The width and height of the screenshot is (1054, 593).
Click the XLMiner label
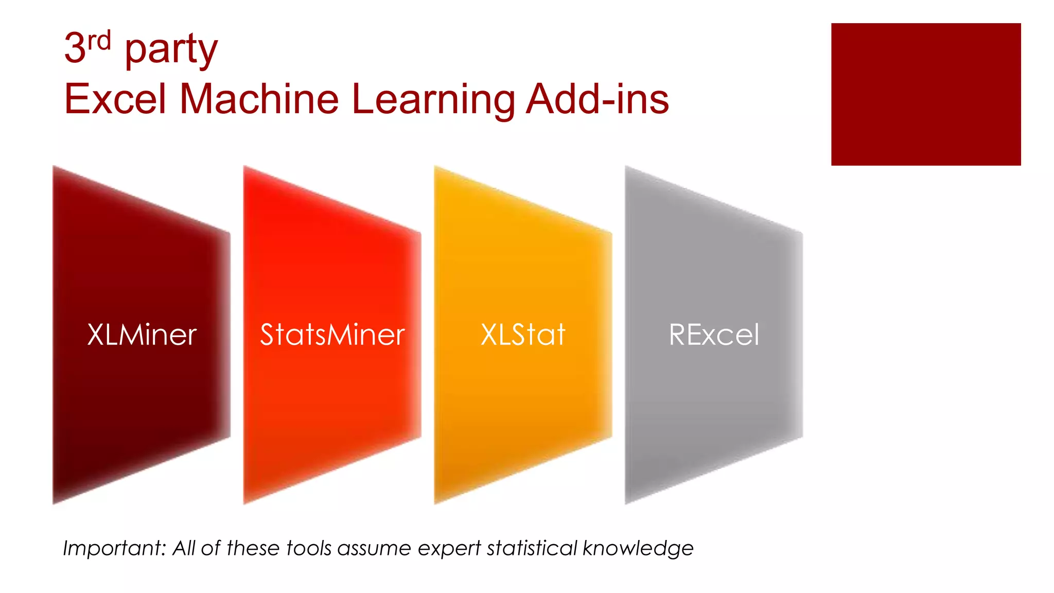[142, 335]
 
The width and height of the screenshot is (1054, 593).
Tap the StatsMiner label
[332, 335]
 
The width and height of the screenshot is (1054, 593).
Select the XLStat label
[523, 335]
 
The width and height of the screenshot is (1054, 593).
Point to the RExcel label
[714, 335]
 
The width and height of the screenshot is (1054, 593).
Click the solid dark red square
[925, 94]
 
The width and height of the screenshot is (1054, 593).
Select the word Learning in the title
[433, 100]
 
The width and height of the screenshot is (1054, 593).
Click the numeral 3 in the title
[74, 48]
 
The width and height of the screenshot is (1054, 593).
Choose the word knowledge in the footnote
[638, 549]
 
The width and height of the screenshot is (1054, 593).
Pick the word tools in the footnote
[309, 548]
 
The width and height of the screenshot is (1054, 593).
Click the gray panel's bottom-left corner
[627, 502]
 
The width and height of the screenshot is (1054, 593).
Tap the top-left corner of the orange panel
[436, 167]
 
